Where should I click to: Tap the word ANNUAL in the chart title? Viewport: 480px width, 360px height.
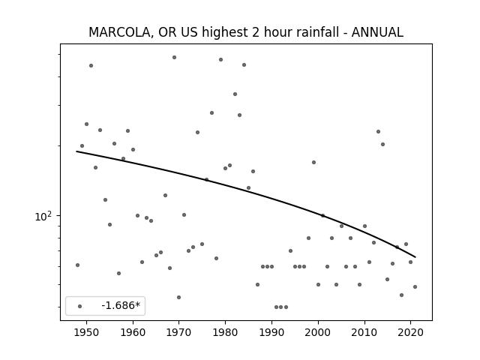pos(377,32)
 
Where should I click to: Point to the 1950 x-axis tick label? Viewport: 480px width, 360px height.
pos(87,332)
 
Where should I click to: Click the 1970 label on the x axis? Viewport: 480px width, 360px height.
pos(178,332)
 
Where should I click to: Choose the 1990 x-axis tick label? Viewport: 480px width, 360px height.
pos(271,332)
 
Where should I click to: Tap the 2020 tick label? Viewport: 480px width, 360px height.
pos(410,332)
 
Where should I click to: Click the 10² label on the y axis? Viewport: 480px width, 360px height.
pos(43,216)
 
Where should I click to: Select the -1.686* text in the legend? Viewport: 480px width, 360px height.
pos(121,305)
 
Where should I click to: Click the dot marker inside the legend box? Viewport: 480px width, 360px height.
pos(80,306)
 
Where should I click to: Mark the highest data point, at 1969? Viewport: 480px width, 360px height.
pos(174,57)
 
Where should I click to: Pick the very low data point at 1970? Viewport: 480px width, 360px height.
pos(178,297)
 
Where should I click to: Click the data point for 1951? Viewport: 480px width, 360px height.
pos(91,65)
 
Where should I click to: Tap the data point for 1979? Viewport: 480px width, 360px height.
pos(220,60)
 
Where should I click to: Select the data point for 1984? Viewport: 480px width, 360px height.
pos(244,65)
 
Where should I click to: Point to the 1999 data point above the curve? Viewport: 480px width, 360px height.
pos(313,162)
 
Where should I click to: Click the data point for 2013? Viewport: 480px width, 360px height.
pos(378,132)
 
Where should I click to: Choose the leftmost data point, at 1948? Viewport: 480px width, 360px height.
pos(77,265)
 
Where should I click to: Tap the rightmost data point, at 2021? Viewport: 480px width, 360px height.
pos(415,286)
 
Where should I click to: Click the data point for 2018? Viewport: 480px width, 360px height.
pos(402,295)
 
